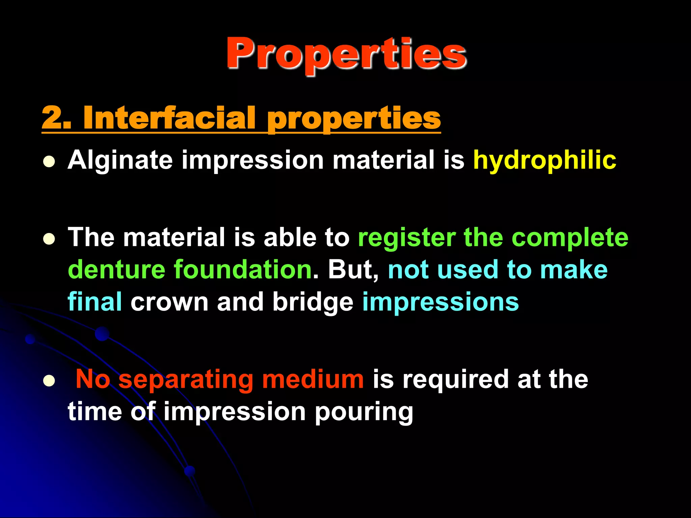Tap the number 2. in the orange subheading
pyautogui.click(x=56, y=118)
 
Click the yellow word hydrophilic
pyautogui.click(x=545, y=160)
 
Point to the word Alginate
pyautogui.click(x=120, y=160)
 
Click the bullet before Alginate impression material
pyautogui.click(x=49, y=162)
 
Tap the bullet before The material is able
pyautogui.click(x=49, y=239)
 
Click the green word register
pyautogui.click(x=407, y=238)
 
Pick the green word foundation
pyautogui.click(x=243, y=270)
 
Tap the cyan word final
pyautogui.click(x=95, y=302)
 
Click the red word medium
pyautogui.click(x=313, y=379)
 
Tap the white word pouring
pyautogui.click(x=364, y=412)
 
